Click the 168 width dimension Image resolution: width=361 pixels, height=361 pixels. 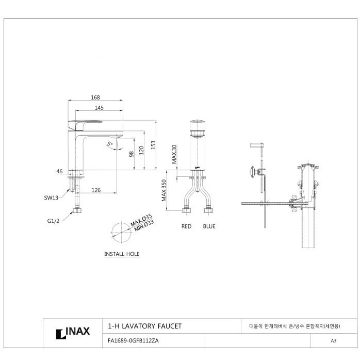(x=95, y=97)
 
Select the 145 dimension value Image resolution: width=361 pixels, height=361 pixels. (x=100, y=108)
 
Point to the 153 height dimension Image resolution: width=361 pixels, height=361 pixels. (x=153, y=145)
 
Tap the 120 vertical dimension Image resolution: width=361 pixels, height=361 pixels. (x=142, y=151)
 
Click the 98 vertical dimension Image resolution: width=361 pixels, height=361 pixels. (x=132, y=154)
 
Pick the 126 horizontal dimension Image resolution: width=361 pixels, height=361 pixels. (x=96, y=190)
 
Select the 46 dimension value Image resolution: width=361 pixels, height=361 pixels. (x=59, y=171)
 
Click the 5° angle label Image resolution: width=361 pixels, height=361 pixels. (x=109, y=143)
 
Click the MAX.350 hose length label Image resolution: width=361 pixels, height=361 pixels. (x=164, y=191)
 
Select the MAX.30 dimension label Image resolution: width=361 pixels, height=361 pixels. (x=174, y=154)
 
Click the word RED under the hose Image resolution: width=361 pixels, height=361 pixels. (x=186, y=226)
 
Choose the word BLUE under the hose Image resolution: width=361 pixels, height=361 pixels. (x=209, y=226)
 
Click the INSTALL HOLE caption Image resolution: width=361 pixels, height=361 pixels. (x=122, y=254)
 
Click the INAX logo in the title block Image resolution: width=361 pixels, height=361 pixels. (x=73, y=333)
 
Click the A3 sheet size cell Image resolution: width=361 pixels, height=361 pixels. (x=333, y=341)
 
